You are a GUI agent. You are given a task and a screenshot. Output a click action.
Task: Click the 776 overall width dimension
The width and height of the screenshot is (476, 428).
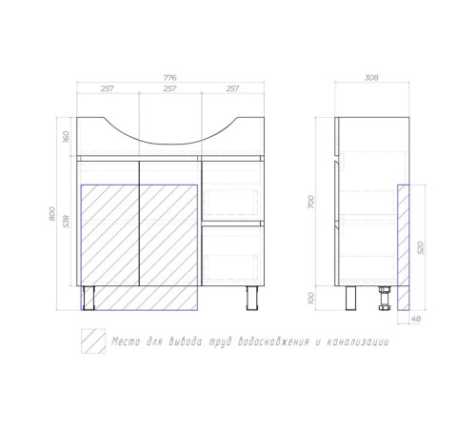click(x=169, y=77)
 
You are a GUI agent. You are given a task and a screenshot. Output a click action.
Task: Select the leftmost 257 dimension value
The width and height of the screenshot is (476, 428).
click(x=108, y=88)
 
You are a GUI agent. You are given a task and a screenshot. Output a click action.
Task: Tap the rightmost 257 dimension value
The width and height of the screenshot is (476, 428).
click(x=232, y=88)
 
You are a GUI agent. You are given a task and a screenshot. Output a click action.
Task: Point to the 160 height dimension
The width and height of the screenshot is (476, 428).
click(x=66, y=137)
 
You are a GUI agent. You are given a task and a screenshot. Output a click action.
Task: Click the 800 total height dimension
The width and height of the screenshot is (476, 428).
click(x=52, y=214)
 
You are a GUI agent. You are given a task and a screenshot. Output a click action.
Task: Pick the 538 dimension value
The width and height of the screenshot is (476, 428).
click(x=66, y=222)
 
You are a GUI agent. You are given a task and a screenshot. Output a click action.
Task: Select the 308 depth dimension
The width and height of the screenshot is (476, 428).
click(x=371, y=77)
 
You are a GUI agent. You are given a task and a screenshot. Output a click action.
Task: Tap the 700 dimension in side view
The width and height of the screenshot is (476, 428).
click(x=311, y=202)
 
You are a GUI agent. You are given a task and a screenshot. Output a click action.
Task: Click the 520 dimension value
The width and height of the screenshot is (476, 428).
click(x=421, y=247)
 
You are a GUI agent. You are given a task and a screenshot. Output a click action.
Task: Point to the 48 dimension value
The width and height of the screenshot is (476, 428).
click(x=416, y=319)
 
